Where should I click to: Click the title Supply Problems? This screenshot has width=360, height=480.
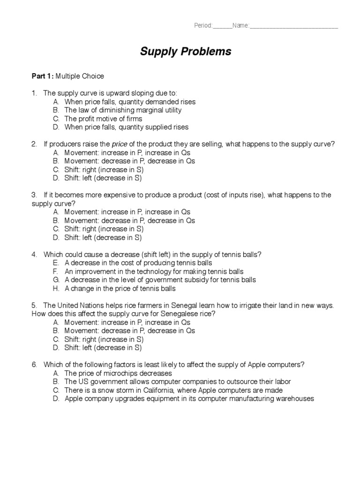[x=186, y=52]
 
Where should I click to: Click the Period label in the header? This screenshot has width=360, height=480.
[x=203, y=25]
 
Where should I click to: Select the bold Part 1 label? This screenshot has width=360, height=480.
[x=43, y=76]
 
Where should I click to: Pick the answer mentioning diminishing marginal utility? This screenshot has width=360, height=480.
[x=123, y=110]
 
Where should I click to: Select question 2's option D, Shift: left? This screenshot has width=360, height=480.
[x=103, y=178]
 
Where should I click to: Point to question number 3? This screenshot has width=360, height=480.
[x=34, y=195]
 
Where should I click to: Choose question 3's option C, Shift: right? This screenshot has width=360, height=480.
[x=104, y=229]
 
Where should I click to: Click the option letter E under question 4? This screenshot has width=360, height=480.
[x=55, y=263]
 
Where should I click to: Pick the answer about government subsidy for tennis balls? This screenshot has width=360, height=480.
[x=160, y=280]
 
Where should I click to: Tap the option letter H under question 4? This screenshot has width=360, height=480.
[x=56, y=288]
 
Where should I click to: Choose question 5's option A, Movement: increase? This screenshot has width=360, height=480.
[x=127, y=322]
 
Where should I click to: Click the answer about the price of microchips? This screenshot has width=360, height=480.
[x=118, y=374]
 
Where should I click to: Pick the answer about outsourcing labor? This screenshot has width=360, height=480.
[x=178, y=382]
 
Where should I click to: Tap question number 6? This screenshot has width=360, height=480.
[x=34, y=365]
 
